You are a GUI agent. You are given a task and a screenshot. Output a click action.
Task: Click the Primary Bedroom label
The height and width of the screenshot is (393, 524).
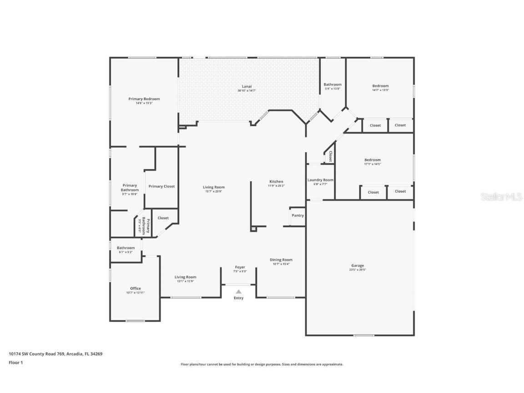point(144,99)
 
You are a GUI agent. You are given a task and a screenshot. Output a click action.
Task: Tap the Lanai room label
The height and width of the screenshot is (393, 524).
point(247,86)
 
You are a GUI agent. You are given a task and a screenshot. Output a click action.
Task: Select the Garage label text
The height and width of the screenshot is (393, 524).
point(358,266)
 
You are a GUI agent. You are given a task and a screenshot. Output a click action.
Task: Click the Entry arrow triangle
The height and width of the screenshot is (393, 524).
point(238,292)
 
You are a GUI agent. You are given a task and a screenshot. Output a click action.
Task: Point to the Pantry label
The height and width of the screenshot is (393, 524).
point(298,216)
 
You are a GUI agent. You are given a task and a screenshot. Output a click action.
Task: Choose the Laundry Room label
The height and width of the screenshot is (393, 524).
point(320,180)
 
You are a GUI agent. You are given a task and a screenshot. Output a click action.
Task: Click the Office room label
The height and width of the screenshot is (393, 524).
point(136,288)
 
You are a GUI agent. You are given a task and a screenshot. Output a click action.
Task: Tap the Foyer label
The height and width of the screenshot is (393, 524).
point(240,267)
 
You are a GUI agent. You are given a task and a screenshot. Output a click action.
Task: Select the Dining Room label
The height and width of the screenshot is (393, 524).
point(281,260)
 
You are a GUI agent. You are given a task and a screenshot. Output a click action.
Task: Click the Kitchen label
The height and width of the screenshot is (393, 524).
point(276,181)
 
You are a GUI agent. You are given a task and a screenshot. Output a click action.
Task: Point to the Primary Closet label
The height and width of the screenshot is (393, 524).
point(161,186)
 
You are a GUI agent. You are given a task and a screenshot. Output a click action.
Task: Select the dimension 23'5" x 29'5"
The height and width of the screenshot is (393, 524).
point(358,270)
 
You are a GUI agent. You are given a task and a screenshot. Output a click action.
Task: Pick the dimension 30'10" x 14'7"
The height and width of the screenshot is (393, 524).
point(247,91)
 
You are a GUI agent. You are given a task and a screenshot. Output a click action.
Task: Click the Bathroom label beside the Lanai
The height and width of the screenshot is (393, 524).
point(333,85)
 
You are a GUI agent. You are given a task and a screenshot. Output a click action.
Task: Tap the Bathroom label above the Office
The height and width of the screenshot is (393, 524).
point(126,248)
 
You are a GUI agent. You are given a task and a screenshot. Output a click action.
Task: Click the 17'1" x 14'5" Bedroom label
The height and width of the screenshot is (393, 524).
point(372,160)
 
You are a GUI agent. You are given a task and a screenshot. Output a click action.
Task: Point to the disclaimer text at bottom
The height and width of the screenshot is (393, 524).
point(262,364)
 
